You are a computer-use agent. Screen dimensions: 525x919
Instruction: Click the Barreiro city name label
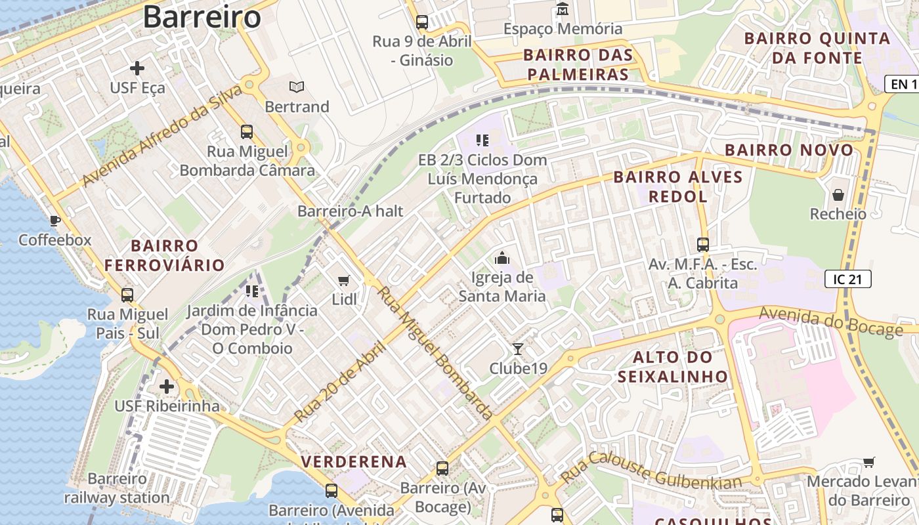[202, 16]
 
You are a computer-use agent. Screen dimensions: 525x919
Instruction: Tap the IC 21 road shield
[847, 279]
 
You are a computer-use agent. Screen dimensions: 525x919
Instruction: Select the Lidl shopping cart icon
[343, 281]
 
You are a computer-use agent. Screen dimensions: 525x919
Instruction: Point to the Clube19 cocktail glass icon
[518, 348]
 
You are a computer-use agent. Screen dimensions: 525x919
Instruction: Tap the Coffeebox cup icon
[55, 220]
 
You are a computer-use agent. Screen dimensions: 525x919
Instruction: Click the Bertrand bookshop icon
[297, 87]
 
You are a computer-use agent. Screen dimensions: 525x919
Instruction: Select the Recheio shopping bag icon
[838, 195]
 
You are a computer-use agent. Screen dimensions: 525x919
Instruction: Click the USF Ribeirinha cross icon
[167, 387]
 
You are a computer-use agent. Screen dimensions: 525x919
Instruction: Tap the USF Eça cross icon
[137, 68]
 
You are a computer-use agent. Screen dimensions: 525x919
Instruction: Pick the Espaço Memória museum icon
[563, 9]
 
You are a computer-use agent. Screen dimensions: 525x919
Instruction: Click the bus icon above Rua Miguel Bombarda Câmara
[247, 131]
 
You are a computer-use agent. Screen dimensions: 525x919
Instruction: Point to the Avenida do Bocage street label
[830, 321]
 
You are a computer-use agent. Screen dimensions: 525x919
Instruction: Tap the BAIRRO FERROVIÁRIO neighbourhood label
[164, 256]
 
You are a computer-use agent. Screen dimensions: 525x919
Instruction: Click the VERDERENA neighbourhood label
[354, 461]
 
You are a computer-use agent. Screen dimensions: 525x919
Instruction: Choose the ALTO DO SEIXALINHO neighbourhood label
[673, 367]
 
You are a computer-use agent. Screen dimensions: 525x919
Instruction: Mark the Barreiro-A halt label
[350, 211]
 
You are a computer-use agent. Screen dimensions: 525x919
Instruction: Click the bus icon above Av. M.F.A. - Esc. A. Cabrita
[703, 245]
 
